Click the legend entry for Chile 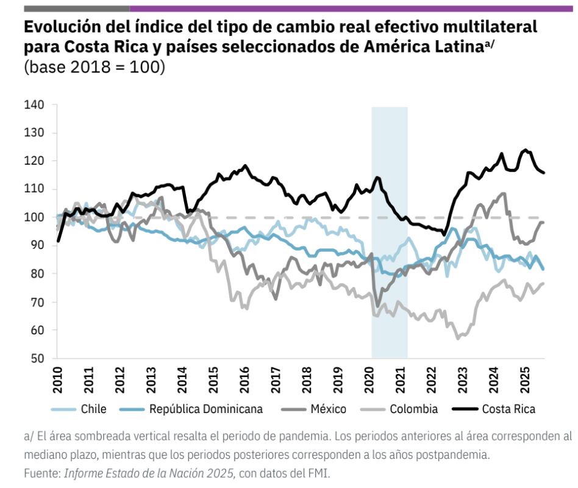coord(93,409)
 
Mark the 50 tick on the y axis coord(37,359)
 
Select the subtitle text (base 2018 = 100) coord(94,67)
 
